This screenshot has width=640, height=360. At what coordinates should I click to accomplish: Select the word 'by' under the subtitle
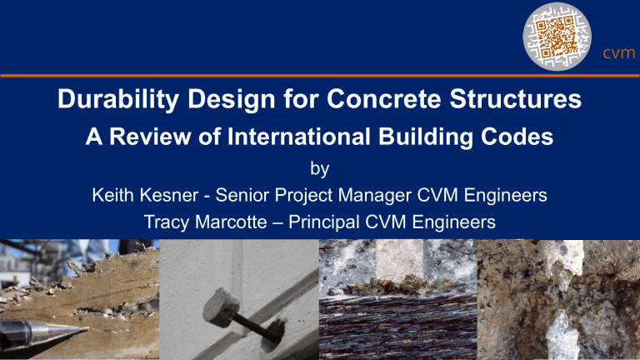320,170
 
